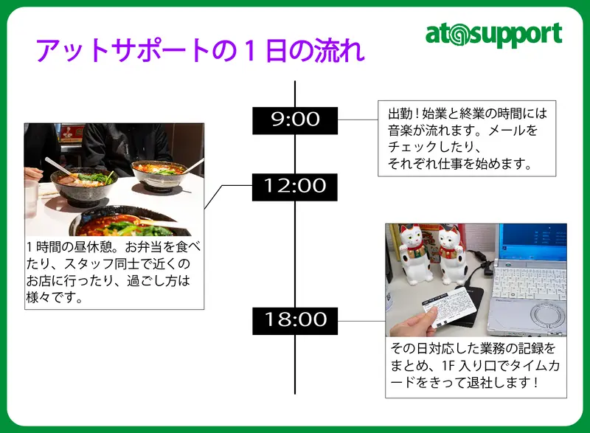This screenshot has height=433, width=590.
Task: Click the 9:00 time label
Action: coord(295,120)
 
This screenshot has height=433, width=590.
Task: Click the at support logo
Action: coord(493,35)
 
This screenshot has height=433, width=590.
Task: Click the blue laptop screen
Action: coord(535,240)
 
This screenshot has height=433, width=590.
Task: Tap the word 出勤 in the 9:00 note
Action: coord(400,114)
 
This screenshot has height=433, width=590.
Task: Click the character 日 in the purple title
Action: coord(277,50)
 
